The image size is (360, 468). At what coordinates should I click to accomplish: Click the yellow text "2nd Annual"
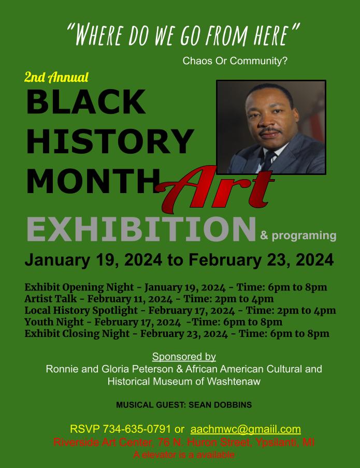click(x=56, y=77)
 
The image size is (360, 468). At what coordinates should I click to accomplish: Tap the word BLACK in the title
click(x=87, y=101)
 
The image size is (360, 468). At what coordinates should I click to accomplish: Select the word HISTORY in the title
click(x=110, y=141)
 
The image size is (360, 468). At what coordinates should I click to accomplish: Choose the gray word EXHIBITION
click(x=141, y=229)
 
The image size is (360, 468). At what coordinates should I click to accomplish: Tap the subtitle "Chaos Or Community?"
click(x=235, y=61)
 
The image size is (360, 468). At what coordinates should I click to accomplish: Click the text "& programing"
click(x=298, y=236)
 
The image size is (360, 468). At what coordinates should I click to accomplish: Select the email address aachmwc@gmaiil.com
click(x=246, y=429)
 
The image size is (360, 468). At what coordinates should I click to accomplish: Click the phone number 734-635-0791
click(x=137, y=429)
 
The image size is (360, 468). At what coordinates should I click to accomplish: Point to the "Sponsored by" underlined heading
click(x=184, y=357)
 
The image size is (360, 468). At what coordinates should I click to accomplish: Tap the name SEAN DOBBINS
click(x=220, y=405)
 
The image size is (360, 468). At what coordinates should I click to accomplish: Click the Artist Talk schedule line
click(x=149, y=299)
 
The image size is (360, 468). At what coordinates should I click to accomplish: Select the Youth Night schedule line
click(x=153, y=322)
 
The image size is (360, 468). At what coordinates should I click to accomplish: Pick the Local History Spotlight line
click(x=180, y=311)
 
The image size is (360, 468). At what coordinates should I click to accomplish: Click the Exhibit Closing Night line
click(x=177, y=334)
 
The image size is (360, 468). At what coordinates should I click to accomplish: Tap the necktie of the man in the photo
click(x=268, y=160)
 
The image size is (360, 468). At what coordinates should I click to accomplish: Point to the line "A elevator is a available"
click(x=184, y=455)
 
